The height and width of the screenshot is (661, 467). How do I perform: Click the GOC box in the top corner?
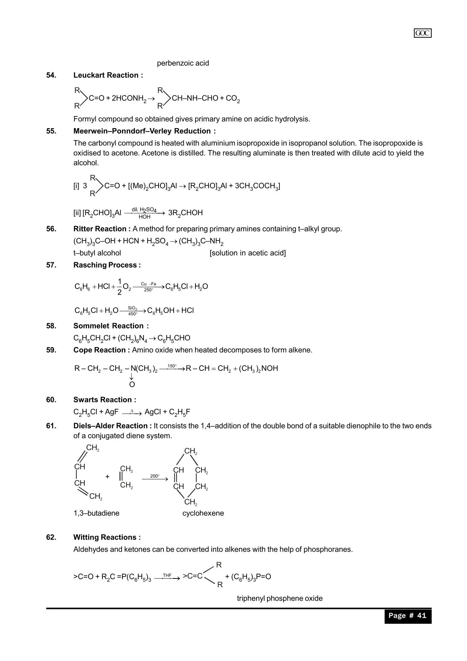click(x=423, y=33)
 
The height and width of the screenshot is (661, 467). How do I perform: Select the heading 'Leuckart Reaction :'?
click(x=108, y=75)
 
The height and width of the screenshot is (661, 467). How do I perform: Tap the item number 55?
click(x=51, y=131)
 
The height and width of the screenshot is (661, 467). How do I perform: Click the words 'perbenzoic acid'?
click(x=183, y=63)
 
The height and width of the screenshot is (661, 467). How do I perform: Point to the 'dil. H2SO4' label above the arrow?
click(x=144, y=210)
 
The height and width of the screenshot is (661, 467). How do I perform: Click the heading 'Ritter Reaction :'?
click(x=102, y=229)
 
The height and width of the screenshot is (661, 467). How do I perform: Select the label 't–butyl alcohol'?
click(x=97, y=253)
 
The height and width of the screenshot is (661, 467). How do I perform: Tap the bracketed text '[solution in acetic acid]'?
click(x=247, y=253)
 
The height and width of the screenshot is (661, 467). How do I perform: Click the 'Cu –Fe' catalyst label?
click(x=148, y=284)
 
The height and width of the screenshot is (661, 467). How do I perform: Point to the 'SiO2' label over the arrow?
click(x=133, y=308)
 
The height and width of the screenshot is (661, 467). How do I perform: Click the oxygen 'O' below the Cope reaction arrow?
click(x=132, y=385)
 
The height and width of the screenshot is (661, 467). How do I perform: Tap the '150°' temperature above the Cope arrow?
click(x=172, y=366)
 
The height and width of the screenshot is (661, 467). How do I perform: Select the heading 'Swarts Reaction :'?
click(x=105, y=400)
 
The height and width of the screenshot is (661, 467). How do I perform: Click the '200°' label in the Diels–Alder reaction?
click(x=154, y=476)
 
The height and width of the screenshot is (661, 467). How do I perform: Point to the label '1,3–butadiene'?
click(x=96, y=513)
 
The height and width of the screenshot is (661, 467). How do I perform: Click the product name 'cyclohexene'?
click(x=203, y=513)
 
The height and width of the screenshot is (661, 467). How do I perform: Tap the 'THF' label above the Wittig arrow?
click(x=167, y=575)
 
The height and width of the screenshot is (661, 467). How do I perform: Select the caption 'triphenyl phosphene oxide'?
click(x=279, y=598)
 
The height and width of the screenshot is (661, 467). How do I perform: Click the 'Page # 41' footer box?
click(x=407, y=616)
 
